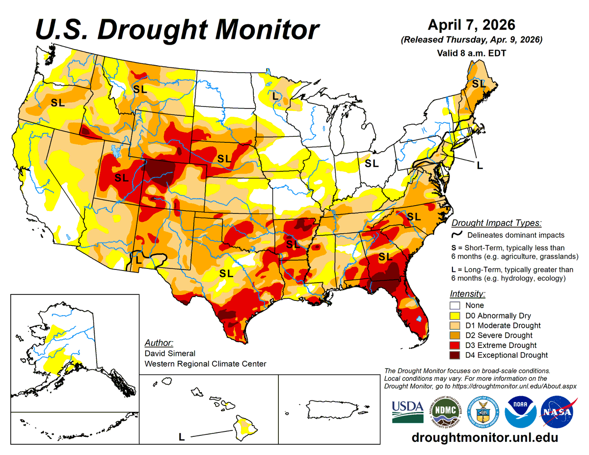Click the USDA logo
(x=408, y=411)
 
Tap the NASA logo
(x=557, y=411)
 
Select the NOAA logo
(x=520, y=411)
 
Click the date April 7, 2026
(x=471, y=25)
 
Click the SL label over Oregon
(x=58, y=103)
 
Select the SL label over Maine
(x=478, y=84)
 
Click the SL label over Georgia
(x=385, y=256)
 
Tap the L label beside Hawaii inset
(x=181, y=436)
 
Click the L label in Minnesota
(x=275, y=96)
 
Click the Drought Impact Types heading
(x=496, y=223)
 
